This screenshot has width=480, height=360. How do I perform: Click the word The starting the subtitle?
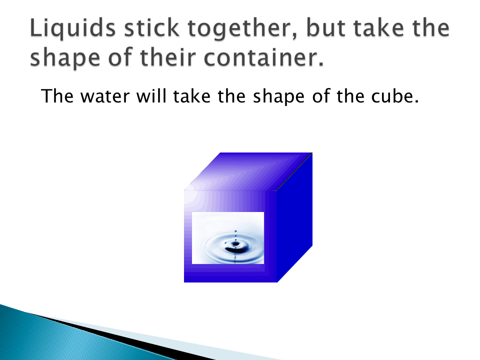56,95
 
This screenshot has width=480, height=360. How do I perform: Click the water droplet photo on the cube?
228,237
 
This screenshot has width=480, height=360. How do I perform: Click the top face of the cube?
250,171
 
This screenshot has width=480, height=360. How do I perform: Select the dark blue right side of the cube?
295,220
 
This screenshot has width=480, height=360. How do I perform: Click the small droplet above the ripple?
236,231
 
